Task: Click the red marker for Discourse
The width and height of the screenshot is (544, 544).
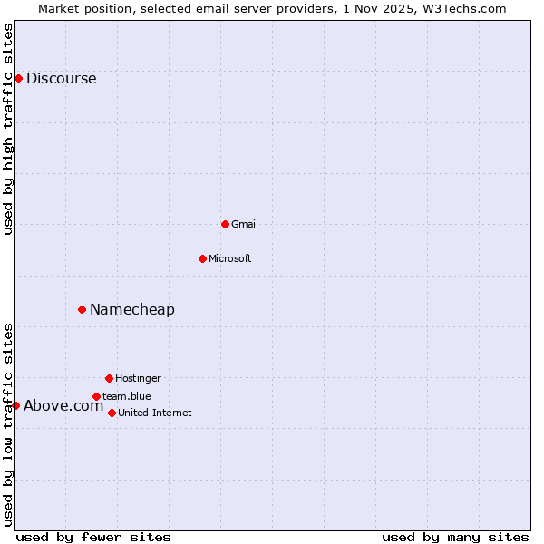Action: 18,78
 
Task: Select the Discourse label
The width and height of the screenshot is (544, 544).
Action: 61,78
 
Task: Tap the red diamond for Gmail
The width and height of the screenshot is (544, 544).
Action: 225,224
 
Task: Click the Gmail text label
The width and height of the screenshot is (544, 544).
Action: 245,224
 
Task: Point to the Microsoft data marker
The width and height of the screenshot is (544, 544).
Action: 202,258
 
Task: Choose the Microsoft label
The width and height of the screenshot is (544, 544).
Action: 230,258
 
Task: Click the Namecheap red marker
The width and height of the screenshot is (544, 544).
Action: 82,309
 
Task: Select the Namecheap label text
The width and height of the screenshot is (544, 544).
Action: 132,309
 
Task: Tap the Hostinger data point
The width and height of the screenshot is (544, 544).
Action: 109,378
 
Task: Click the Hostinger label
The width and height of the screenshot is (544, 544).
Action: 138,378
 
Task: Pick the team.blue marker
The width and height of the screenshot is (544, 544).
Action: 96,396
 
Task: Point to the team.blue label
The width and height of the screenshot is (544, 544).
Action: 127,396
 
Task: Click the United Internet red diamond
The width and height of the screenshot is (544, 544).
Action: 112,413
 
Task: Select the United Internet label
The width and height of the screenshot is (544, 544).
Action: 155,413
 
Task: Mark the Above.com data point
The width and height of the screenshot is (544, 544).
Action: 15,405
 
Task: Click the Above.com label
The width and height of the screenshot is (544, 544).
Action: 63,405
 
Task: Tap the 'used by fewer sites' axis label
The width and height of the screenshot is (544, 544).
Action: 93,537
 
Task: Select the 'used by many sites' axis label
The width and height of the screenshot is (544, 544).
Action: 455,537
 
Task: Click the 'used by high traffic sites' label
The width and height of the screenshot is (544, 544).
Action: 8,128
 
